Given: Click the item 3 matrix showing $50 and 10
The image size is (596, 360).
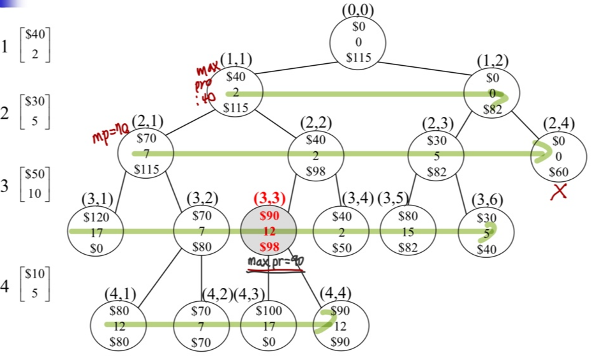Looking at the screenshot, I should pyautogui.click(x=36, y=184).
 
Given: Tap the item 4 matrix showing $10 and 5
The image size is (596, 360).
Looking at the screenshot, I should pyautogui.click(x=36, y=284).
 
